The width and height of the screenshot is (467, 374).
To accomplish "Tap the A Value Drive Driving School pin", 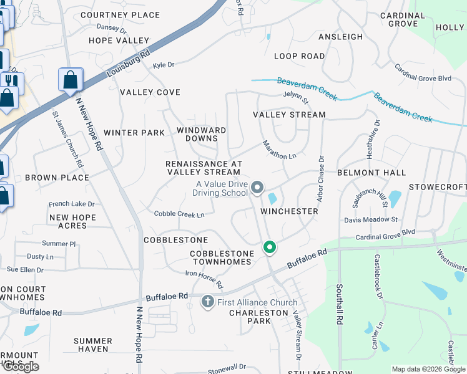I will coord(257,187).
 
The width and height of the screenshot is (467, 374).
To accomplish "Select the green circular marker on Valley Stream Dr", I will coord(270,247).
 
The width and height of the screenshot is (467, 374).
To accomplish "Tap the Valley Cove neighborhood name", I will coord(150,92).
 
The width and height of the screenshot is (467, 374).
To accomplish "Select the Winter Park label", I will coord(134,133).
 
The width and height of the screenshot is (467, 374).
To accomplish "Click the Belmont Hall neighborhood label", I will coord(371,173).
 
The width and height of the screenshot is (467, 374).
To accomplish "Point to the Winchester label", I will coord(289,211).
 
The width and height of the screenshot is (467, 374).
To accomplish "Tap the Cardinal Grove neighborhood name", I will coord(403,19).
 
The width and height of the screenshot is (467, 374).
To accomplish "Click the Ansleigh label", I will coord(340,37).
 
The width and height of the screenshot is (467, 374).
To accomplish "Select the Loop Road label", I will coord(299,56).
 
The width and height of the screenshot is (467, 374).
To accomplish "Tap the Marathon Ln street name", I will coord(279,150).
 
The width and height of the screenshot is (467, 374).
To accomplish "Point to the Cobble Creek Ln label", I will coord(179,214).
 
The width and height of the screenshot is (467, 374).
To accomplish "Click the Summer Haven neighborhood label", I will coord(93,345).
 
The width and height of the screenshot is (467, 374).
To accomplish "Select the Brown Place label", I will coord(57,178).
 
